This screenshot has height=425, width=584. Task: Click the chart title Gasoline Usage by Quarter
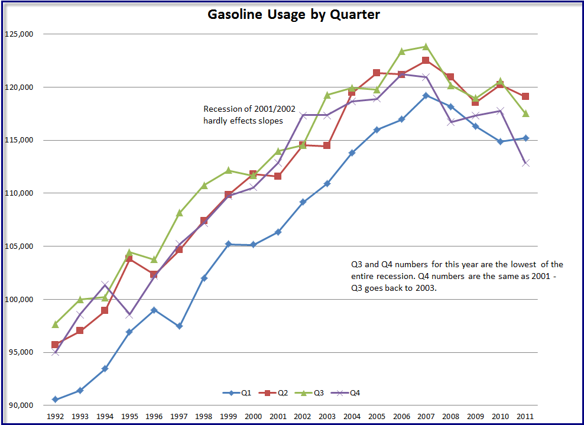tap(293, 15)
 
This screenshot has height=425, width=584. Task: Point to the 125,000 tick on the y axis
tap(20, 34)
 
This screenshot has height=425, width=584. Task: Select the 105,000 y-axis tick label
tap(20, 246)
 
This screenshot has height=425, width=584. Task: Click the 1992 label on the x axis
tap(55, 416)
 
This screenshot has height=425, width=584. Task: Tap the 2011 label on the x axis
tap(525, 416)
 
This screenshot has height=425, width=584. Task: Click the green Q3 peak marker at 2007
tap(426, 46)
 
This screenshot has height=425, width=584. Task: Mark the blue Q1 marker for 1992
tap(55, 400)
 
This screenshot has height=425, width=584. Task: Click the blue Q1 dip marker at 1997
tap(179, 326)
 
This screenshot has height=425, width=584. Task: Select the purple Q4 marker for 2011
tap(525, 163)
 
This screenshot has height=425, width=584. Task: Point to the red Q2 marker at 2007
tap(426, 60)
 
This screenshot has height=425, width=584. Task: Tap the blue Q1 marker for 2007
tap(426, 95)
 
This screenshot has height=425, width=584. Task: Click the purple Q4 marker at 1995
tap(129, 315)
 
